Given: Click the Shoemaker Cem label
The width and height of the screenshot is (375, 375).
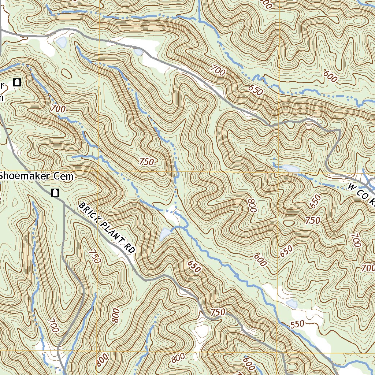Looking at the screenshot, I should (37, 176).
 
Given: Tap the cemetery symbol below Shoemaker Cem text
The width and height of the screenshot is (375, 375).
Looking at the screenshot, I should (55, 192).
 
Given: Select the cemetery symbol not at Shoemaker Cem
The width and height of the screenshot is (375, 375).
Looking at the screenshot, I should (16, 82).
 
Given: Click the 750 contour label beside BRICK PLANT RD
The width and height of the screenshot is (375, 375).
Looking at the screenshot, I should (94, 257).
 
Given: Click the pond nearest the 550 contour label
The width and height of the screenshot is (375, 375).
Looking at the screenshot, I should (292, 303).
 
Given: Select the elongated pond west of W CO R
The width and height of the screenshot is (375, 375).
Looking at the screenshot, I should (289, 168).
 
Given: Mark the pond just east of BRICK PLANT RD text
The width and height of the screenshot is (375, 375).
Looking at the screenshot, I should (165, 233).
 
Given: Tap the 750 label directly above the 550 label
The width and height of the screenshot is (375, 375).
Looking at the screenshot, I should (218, 312).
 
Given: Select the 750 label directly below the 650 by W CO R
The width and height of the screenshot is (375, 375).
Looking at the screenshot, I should (313, 220).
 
